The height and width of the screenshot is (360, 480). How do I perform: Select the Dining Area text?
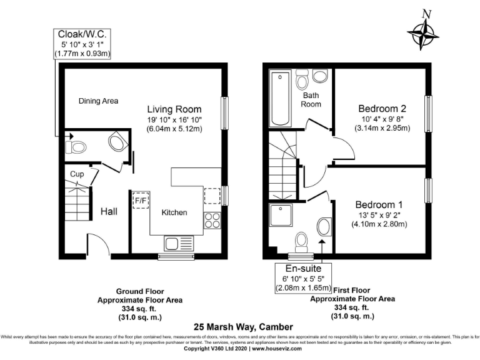click(x=99, y=101)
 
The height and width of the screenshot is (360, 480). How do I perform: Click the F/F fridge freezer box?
click(x=141, y=201)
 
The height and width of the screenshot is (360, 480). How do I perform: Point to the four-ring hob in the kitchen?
click(x=212, y=220)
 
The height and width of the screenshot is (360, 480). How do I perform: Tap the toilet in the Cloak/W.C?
click(x=77, y=147)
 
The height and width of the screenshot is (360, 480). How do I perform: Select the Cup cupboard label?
click(x=77, y=174)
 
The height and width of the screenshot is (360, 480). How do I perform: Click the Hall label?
click(x=109, y=212)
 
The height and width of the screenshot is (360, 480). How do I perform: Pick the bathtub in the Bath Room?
click(x=279, y=97)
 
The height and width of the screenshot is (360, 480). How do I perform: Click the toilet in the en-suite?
click(x=302, y=240)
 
